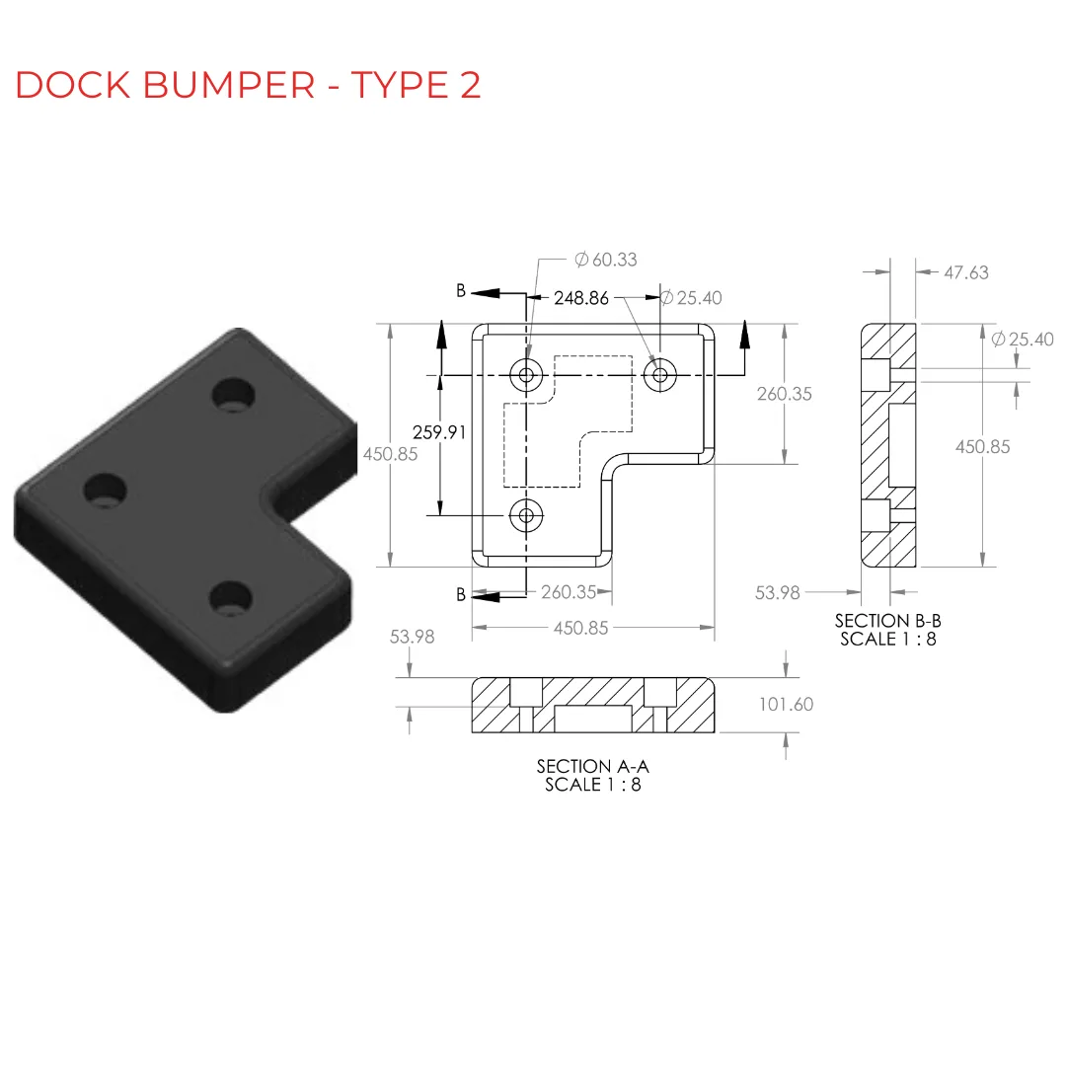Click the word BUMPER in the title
pyautogui.click(x=229, y=85)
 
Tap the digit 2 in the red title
pyautogui.click(x=470, y=85)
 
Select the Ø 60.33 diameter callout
pyautogui.click(x=606, y=260)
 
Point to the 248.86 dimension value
pyautogui.click(x=581, y=298)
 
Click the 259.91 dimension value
pyautogui.click(x=439, y=432)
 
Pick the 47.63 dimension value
pyautogui.click(x=966, y=272)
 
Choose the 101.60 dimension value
pyautogui.click(x=786, y=705)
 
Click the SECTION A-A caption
pyautogui.click(x=593, y=766)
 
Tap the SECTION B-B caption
pyautogui.click(x=888, y=621)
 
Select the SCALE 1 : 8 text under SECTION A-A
pyautogui.click(x=593, y=785)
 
